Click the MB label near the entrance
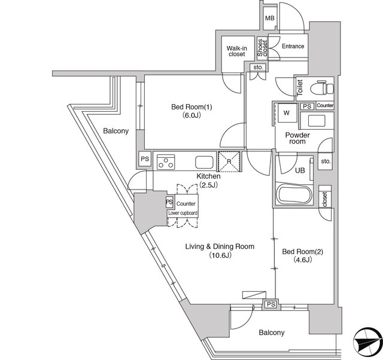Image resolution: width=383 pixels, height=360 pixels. click(x=270, y=18)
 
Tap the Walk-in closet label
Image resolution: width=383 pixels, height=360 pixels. click(x=237, y=51)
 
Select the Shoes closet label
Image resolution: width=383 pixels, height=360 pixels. click(x=263, y=48)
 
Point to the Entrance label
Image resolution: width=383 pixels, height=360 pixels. click(x=293, y=46)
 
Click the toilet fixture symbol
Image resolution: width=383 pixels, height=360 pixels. click(x=322, y=89)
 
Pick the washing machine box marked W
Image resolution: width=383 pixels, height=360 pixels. click(x=287, y=113)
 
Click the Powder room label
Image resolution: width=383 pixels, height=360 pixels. click(x=297, y=138)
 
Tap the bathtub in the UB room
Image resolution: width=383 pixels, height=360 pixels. click(x=294, y=195)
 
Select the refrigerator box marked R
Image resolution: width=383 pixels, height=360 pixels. click(x=229, y=161)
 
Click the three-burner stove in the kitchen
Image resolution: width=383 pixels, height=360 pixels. click(x=166, y=162)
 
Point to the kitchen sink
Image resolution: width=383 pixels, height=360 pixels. click(x=204, y=162)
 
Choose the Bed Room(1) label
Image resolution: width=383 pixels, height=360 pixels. click(x=191, y=111)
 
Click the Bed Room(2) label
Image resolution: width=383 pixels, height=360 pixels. click(x=302, y=255)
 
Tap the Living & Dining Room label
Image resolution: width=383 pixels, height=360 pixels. click(x=220, y=251)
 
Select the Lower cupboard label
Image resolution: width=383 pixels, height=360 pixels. click(x=183, y=213)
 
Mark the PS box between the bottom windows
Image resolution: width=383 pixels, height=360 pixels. click(x=271, y=304)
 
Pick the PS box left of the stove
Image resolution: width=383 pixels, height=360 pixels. click(x=145, y=159)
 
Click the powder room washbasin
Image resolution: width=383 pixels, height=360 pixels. click(x=317, y=121)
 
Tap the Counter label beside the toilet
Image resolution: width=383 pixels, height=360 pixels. click(x=325, y=105)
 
